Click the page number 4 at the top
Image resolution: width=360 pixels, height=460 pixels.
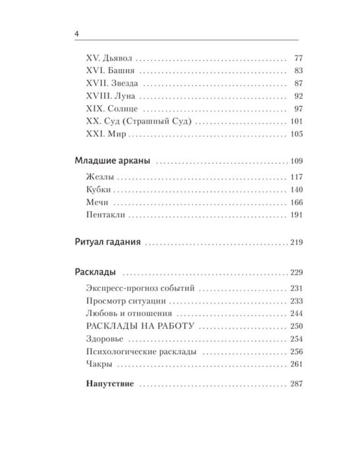(x=78, y=34)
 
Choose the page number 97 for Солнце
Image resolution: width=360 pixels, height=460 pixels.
(x=298, y=109)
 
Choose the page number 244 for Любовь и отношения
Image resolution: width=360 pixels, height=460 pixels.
(x=296, y=314)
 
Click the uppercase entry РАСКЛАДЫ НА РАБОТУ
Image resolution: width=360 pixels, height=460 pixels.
(x=138, y=326)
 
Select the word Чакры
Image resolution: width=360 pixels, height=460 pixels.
(x=99, y=364)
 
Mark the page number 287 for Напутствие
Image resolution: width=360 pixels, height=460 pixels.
(x=296, y=383)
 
